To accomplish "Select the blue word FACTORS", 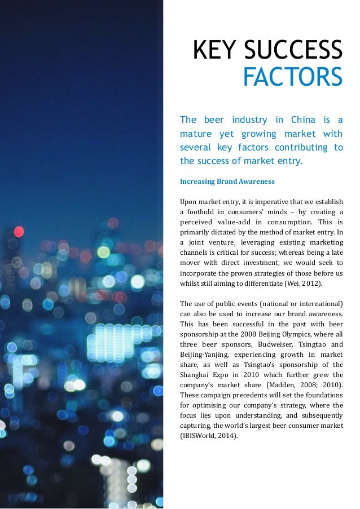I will tap(292, 78).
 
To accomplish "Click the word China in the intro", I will tap(303, 119).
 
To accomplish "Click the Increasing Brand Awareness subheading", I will tap(227, 182).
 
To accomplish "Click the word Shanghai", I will tap(195, 375).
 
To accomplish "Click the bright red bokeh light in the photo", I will tap(19, 231).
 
